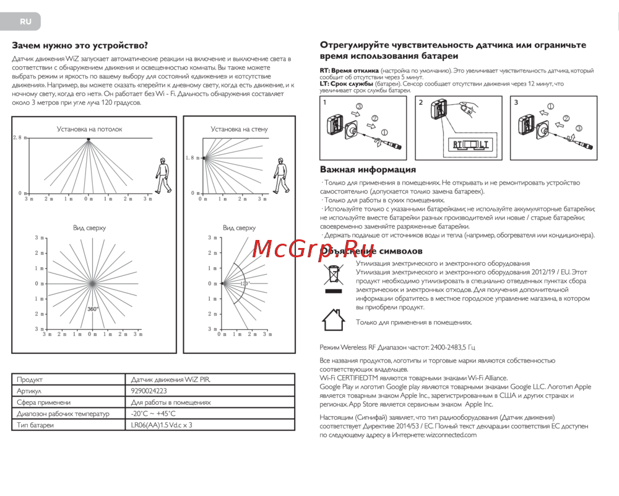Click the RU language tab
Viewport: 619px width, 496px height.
(x=25, y=21)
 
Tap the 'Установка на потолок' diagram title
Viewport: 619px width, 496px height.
(x=90, y=129)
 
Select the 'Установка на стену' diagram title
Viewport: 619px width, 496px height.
(x=239, y=129)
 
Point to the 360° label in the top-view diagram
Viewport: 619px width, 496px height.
(x=93, y=308)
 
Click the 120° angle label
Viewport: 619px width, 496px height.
(x=245, y=283)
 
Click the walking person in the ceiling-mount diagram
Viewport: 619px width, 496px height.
(x=163, y=175)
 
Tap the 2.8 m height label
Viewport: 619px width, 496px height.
(x=20, y=137)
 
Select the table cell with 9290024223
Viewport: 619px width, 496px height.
(x=149, y=391)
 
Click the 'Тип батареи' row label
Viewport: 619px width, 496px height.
(x=35, y=425)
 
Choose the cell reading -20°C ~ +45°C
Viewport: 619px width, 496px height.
(x=154, y=414)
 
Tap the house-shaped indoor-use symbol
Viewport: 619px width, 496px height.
(x=334, y=320)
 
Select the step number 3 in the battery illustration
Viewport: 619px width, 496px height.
(x=517, y=102)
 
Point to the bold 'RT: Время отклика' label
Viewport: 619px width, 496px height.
(x=349, y=71)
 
